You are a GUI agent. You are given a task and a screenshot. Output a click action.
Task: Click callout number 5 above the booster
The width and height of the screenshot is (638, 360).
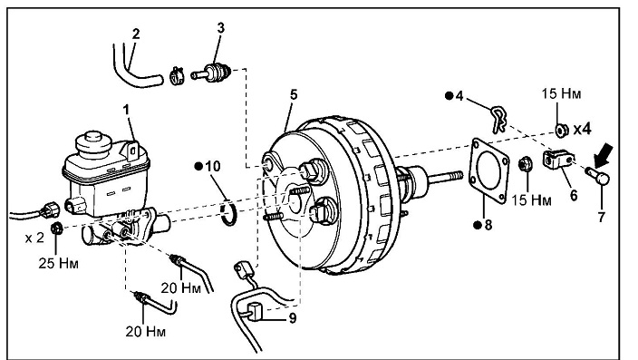[294, 94]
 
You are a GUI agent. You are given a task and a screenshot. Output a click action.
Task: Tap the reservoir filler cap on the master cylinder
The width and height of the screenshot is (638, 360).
[93, 144]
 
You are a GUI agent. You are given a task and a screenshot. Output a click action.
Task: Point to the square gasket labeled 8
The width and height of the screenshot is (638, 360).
[489, 170]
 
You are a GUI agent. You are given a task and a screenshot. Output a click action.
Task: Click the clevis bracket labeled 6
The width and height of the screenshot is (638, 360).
[558, 159]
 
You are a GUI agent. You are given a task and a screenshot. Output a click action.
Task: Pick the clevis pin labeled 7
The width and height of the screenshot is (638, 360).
[598, 175]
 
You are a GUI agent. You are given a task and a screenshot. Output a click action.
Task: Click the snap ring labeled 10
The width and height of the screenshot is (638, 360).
[228, 212]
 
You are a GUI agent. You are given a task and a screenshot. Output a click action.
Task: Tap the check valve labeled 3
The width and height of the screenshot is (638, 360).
[211, 73]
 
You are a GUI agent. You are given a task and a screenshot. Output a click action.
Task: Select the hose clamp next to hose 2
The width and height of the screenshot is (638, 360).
[177, 76]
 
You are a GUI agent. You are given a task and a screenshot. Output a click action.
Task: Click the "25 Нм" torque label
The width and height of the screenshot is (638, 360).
[58, 263]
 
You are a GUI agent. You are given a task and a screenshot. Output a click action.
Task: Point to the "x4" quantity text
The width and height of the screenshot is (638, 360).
[582, 129]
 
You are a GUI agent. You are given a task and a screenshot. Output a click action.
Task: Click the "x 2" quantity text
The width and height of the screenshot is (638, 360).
[34, 238]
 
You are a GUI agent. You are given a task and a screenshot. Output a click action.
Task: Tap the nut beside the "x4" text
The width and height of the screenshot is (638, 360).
[562, 130]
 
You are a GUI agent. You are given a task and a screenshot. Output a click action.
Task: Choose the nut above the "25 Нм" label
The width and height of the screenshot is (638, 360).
[56, 228]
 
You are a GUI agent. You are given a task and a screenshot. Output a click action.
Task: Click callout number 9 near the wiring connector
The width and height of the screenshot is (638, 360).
[293, 318]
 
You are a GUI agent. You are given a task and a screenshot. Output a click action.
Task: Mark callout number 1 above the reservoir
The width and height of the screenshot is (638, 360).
[126, 110]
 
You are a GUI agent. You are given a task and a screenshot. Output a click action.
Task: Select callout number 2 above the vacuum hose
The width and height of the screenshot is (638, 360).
[136, 34]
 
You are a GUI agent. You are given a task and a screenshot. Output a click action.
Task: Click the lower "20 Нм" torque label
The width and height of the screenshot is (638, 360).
[145, 332]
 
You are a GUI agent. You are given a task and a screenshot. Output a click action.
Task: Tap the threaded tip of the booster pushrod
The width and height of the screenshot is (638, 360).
[455, 176]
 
